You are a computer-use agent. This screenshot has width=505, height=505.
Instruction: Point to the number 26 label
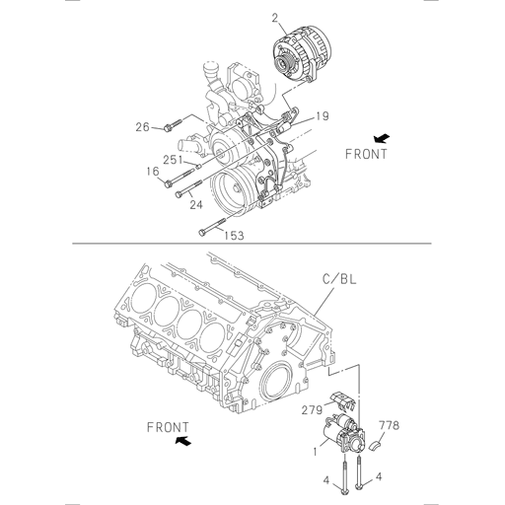(x=142, y=126)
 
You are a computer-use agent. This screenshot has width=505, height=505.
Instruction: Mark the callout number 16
(x=153, y=172)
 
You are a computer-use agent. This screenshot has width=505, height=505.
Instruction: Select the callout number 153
(x=234, y=235)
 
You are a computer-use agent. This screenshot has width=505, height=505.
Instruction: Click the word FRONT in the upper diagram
(x=366, y=154)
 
